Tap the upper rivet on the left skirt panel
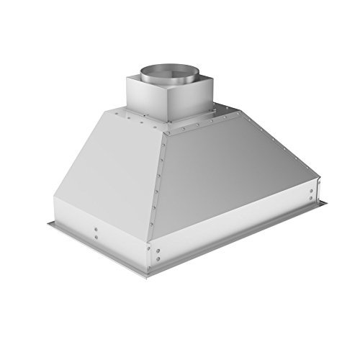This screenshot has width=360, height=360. [x=96, y=230]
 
